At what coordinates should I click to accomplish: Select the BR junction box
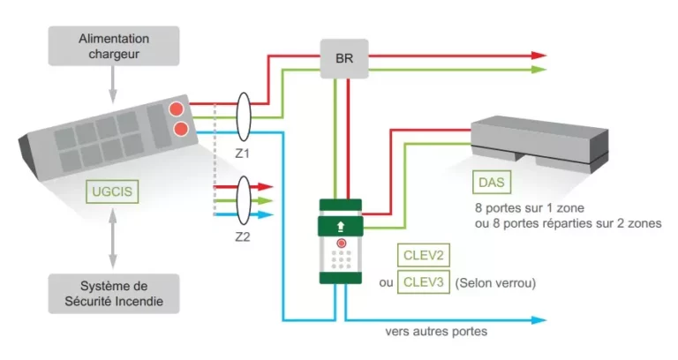click(343, 59)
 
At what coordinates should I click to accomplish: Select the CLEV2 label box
click(424, 255)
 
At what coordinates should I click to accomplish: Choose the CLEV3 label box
click(424, 283)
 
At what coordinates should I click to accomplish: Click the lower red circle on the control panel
click(183, 131)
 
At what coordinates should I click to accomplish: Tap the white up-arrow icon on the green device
click(339, 226)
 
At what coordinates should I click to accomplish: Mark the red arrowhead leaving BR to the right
click(539, 55)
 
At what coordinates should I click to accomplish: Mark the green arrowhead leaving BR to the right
click(539, 69)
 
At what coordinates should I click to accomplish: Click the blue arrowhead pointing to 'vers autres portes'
click(539, 320)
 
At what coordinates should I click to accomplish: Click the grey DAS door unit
click(539, 141)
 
